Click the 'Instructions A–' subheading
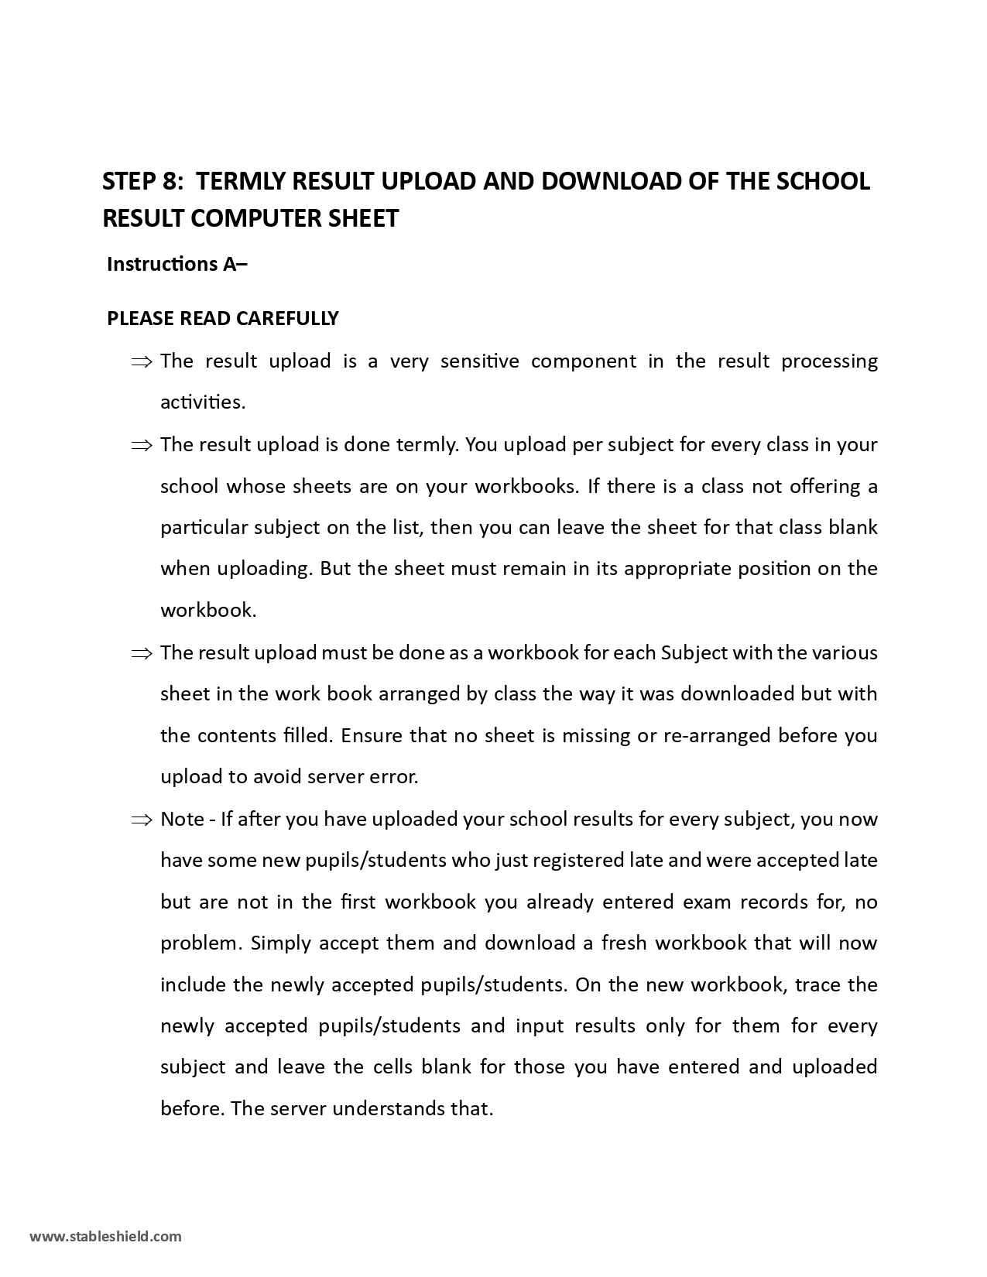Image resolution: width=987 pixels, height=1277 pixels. pos(177,265)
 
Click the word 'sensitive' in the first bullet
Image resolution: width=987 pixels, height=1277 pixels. pos(479,361)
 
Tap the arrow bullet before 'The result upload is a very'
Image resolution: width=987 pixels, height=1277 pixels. pos(142,362)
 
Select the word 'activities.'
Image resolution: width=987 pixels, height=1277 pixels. pos(203,402)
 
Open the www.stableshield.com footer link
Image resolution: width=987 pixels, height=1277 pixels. pos(106,1236)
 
